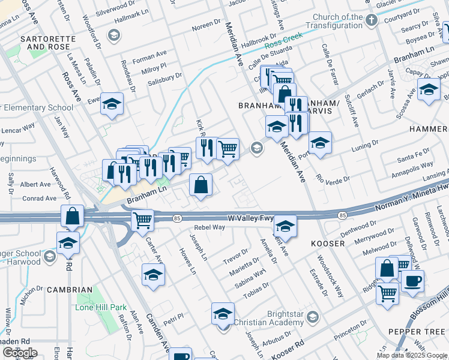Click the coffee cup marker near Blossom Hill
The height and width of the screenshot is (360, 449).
[x=412, y=281]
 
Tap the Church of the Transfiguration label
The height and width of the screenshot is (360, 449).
[x=342, y=22]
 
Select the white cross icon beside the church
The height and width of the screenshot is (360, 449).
[x=372, y=20]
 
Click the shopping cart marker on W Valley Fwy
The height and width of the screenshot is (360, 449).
[x=142, y=220]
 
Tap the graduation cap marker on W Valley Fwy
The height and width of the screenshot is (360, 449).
[x=286, y=226]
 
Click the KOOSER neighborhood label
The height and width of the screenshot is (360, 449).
[x=328, y=244]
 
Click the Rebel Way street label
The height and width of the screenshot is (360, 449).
[x=210, y=227]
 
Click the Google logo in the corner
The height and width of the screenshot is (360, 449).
[x=20, y=353]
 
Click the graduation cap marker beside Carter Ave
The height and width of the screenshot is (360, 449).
[x=154, y=275]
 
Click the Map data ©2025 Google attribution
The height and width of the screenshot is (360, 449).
[x=411, y=355]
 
